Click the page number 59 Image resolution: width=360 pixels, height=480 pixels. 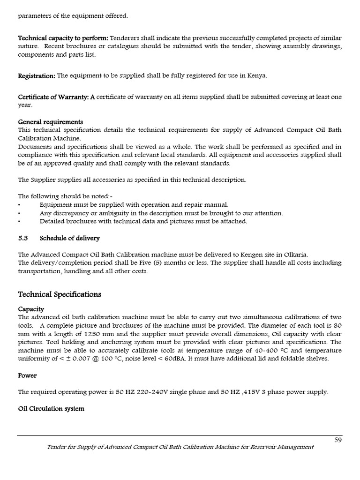tap(337, 440)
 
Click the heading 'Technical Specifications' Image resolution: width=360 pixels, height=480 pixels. tap(60, 294)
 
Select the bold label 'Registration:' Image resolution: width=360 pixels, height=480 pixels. tap(37, 75)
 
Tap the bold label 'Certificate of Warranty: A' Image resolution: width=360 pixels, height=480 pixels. tap(56, 97)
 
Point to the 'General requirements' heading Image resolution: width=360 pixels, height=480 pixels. tap(50, 122)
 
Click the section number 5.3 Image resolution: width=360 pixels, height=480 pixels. tap(23, 238)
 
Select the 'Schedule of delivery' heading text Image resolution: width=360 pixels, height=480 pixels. tap(69, 238)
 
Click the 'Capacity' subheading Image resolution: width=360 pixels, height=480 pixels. tap(31, 309)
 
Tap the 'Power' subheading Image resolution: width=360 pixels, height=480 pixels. tap(27, 375)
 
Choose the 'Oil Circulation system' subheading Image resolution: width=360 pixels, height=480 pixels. tap(51, 409)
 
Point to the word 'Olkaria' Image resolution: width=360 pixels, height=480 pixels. tap(296, 255)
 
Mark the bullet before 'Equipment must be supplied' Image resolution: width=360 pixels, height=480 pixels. tap(19, 205)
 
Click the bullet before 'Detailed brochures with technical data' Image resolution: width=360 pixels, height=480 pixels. tap(19, 221)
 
